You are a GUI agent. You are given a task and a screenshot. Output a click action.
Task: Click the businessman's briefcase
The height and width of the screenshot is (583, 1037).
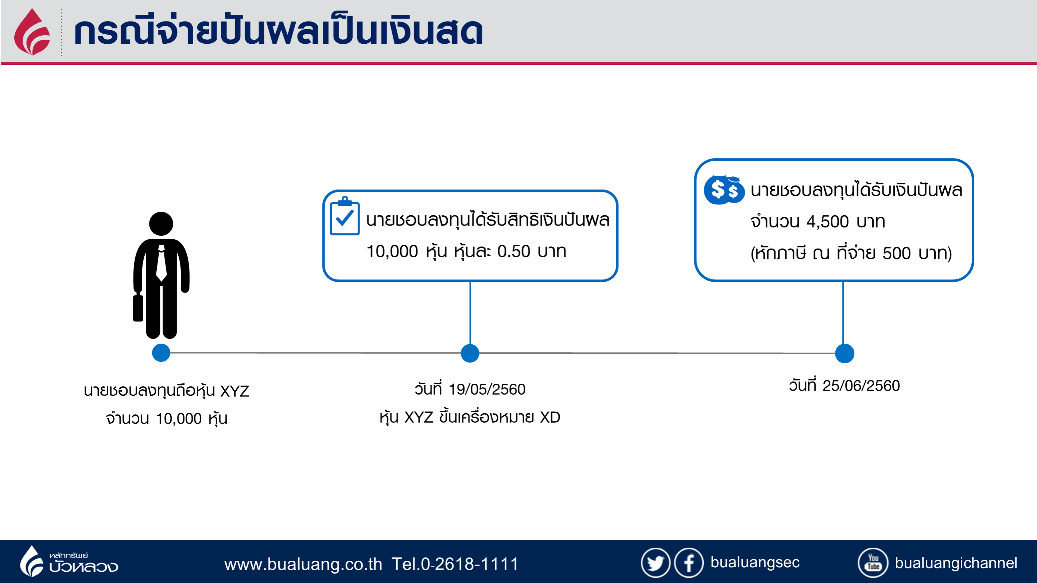pos(138,308)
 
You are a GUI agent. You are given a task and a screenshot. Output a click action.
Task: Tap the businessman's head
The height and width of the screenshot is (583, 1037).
pos(161,224)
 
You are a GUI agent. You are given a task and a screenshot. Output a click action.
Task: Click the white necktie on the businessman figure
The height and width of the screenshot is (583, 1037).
pos(162,263)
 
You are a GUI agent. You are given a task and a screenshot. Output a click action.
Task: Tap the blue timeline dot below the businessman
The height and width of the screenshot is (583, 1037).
pos(161,353)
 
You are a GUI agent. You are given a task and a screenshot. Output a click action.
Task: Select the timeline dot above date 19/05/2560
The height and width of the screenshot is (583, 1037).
pos(470,353)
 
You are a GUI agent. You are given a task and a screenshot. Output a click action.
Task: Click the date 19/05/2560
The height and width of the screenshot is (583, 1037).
pos(487,390)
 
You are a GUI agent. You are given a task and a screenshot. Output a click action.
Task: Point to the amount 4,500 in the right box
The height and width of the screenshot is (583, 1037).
pos(827,222)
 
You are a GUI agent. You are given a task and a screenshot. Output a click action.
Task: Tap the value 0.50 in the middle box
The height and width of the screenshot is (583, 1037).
pos(514,251)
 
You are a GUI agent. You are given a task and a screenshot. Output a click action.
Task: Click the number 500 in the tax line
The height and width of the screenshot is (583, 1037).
pos(897,254)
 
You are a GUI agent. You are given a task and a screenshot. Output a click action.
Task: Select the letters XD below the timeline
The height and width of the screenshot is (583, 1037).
pos(550,417)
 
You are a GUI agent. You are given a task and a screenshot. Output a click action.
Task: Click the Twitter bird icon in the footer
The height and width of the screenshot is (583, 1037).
pos(655,563)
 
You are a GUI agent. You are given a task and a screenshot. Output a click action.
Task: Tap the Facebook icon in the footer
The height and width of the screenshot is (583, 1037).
pos(689,563)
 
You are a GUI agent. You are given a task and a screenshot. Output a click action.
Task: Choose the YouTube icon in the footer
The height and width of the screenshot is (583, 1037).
pos(873,563)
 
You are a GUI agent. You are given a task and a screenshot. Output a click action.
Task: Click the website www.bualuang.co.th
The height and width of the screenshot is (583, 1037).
pos(303,564)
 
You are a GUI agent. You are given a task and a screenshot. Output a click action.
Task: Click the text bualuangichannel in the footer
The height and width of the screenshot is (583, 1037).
pos(956,563)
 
